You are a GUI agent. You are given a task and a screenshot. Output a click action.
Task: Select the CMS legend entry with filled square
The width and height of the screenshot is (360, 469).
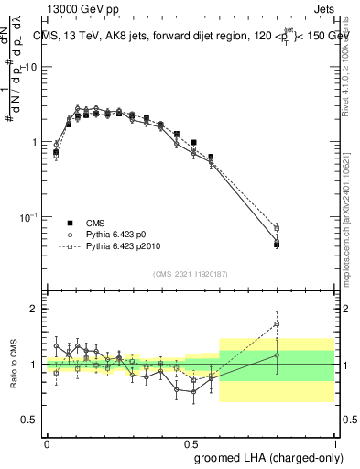click(x=96, y=223)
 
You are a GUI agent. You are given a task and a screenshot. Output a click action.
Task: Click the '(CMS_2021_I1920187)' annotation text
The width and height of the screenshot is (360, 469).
click(x=190, y=272)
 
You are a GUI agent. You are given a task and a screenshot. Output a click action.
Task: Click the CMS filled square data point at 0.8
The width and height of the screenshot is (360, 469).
click(x=277, y=244)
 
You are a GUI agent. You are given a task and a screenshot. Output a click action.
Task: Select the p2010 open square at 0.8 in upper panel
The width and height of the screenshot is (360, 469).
click(x=277, y=228)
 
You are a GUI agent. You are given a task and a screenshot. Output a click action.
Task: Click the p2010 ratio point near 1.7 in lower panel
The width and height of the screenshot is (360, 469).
click(x=277, y=323)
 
